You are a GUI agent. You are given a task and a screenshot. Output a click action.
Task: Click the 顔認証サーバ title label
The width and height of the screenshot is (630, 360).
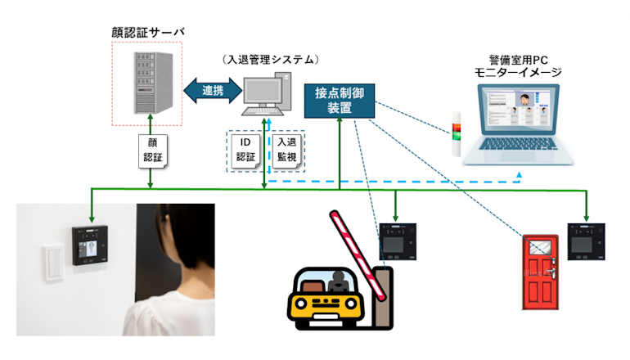coord(147,32)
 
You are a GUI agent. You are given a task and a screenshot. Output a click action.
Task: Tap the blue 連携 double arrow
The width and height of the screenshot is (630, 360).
coord(211,90)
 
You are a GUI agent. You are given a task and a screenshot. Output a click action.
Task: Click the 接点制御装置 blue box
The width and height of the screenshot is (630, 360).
coord(339,101)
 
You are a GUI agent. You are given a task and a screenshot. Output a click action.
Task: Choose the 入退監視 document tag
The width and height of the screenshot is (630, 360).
coord(284,150)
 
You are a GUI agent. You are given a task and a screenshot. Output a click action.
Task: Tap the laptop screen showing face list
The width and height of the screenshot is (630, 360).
coord(524,117)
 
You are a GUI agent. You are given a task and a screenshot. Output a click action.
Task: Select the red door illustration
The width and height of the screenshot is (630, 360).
coord(539,271)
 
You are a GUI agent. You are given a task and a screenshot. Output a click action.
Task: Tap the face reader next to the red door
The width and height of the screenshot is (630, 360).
coord(584,241)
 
